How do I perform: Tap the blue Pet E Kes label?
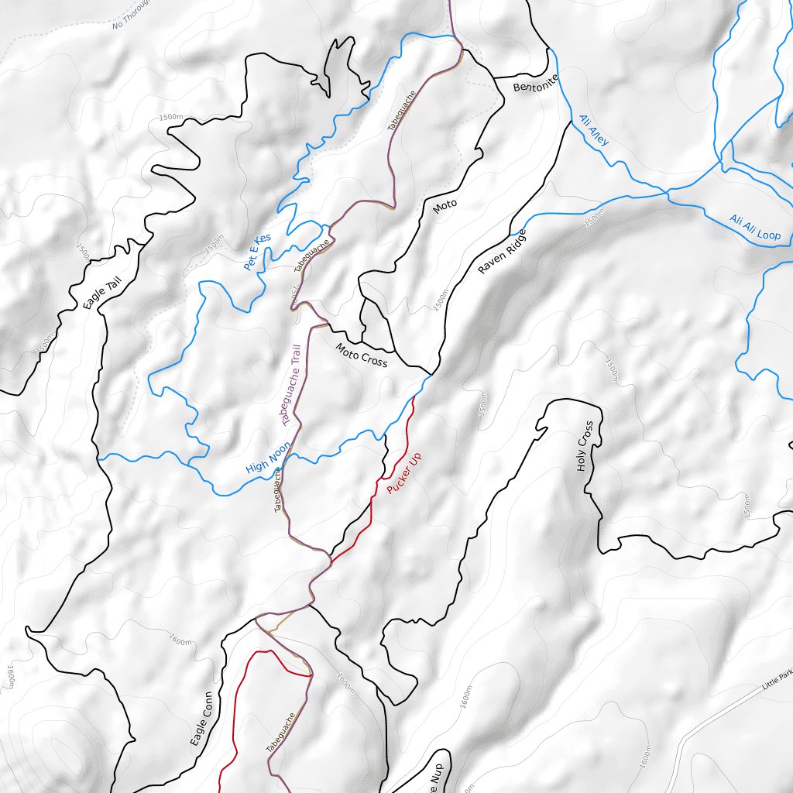coord(257,252)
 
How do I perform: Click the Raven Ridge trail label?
coord(502,252)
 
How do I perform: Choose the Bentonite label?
coord(536,84)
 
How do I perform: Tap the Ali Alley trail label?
coord(594,131)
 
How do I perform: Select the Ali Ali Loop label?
coord(755,228)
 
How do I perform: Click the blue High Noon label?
coord(267,458)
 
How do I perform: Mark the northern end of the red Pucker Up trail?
coord(416,397)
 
